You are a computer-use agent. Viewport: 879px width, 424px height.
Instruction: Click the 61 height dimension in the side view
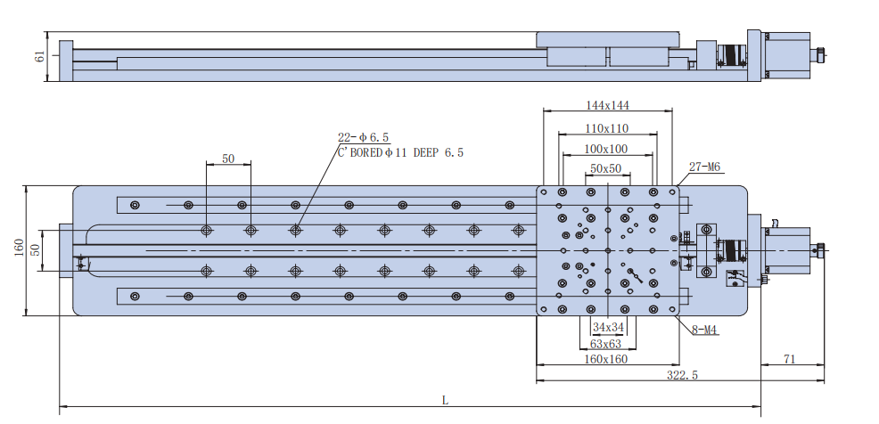[x=38, y=58]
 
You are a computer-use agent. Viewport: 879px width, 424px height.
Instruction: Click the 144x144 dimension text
[x=607, y=105]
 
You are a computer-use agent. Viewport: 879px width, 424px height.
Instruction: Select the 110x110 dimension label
[x=607, y=128]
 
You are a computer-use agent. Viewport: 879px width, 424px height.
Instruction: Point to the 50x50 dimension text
[x=606, y=167]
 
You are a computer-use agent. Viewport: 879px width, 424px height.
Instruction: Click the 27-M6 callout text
[x=704, y=167]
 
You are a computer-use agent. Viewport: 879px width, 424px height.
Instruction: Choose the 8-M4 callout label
[x=705, y=331]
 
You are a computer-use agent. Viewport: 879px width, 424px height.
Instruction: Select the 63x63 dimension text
[x=606, y=344]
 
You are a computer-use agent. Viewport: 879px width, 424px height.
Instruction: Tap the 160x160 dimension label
[x=606, y=360]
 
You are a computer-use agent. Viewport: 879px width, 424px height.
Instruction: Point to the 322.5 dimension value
[x=682, y=375]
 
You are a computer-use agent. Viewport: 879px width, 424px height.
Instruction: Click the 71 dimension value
[x=788, y=359]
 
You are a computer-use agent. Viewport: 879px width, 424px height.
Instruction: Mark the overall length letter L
[x=446, y=400]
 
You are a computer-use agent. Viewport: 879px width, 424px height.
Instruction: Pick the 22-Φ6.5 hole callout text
[x=363, y=137]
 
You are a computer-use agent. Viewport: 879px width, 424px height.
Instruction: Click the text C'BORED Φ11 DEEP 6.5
[x=400, y=152]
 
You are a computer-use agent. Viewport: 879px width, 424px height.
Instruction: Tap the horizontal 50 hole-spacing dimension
[x=228, y=159]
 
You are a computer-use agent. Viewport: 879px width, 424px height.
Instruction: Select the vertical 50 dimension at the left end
[x=36, y=250]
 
